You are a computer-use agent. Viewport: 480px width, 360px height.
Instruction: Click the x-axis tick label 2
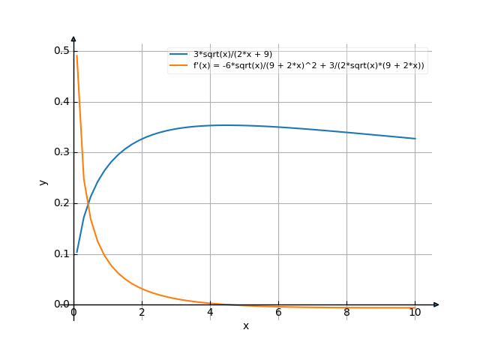(142, 312)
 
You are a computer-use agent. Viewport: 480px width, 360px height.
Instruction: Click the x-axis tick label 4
(210, 312)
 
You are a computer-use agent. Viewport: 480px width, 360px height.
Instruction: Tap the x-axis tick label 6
(278, 312)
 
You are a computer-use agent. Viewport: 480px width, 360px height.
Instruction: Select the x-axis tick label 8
(346, 312)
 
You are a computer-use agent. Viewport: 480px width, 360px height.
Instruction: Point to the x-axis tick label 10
(415, 312)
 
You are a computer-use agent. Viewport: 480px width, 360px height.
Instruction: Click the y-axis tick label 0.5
(61, 51)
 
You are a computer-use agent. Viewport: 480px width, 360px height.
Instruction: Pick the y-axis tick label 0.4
(61, 102)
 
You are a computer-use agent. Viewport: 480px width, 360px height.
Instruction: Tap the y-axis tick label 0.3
(61, 152)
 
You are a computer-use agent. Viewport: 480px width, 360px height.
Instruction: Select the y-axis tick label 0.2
(61, 203)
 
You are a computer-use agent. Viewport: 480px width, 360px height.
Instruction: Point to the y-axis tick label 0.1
(61, 254)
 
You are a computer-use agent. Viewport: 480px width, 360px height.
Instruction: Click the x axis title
(245, 326)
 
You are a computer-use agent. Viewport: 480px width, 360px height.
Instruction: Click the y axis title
(43, 181)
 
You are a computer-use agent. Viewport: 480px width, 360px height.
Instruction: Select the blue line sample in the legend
(179, 55)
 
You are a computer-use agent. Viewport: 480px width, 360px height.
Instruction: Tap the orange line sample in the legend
(179, 65)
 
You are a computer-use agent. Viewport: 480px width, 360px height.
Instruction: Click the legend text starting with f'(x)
(308, 65)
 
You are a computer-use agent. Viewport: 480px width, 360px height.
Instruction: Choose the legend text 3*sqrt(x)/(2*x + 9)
(232, 55)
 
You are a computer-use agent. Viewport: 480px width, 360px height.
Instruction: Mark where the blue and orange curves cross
(88, 202)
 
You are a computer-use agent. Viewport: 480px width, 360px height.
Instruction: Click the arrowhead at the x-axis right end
(436, 304)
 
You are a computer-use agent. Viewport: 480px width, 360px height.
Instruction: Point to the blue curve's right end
(415, 139)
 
